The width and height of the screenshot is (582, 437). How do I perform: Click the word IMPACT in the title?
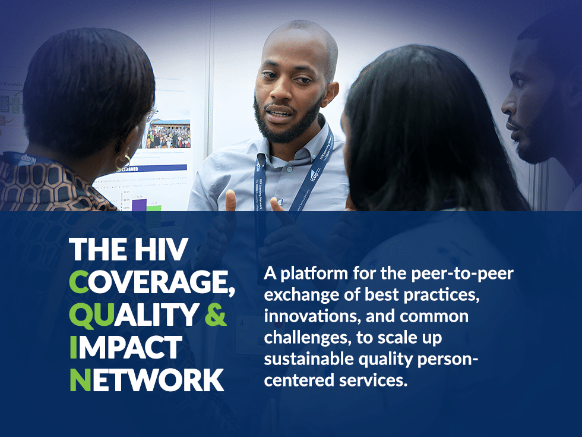(125, 348)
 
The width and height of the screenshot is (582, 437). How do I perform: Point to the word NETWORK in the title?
(147, 380)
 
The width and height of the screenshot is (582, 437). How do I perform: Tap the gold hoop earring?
(123, 161)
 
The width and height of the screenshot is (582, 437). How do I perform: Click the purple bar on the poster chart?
(138, 204)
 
